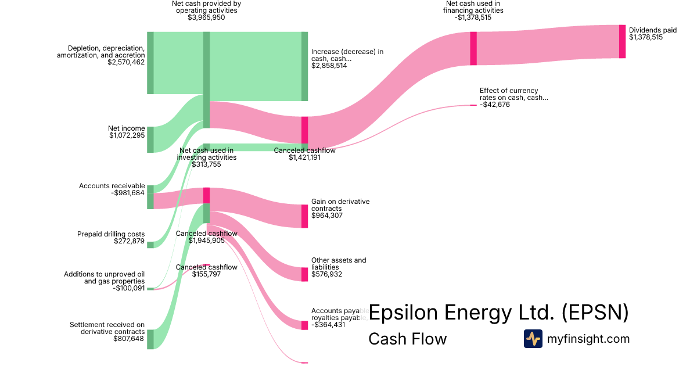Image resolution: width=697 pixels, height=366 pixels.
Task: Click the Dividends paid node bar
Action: (622, 41)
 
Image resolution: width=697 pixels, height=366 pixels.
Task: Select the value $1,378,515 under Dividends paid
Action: (645, 37)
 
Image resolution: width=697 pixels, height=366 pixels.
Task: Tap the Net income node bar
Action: (150, 139)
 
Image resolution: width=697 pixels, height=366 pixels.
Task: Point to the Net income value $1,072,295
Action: (127, 136)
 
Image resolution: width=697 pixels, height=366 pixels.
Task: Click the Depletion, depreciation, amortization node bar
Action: (150, 63)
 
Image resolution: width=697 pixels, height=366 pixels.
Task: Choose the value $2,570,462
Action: (126, 62)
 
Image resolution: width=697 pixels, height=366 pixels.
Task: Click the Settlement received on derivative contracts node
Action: (150, 339)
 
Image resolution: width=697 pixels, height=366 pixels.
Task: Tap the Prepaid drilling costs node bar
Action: (150, 245)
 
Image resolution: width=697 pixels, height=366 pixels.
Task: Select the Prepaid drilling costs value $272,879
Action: (130, 242)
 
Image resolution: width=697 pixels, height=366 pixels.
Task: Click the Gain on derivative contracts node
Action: (305, 216)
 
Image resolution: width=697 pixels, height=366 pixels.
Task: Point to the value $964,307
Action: (327, 216)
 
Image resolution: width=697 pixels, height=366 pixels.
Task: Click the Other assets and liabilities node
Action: (305, 274)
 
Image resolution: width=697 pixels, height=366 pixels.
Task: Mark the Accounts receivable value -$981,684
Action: (128, 193)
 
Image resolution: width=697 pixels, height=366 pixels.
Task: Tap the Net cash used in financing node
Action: (473, 48)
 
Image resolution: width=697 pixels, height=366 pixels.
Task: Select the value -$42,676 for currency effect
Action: (495, 105)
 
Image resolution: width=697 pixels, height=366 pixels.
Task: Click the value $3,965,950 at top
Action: (206, 17)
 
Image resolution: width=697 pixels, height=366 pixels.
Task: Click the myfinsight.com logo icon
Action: (533, 339)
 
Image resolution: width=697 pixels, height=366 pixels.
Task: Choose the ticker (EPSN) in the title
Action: (595, 313)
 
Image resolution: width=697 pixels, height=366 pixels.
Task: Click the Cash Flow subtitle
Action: (408, 339)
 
